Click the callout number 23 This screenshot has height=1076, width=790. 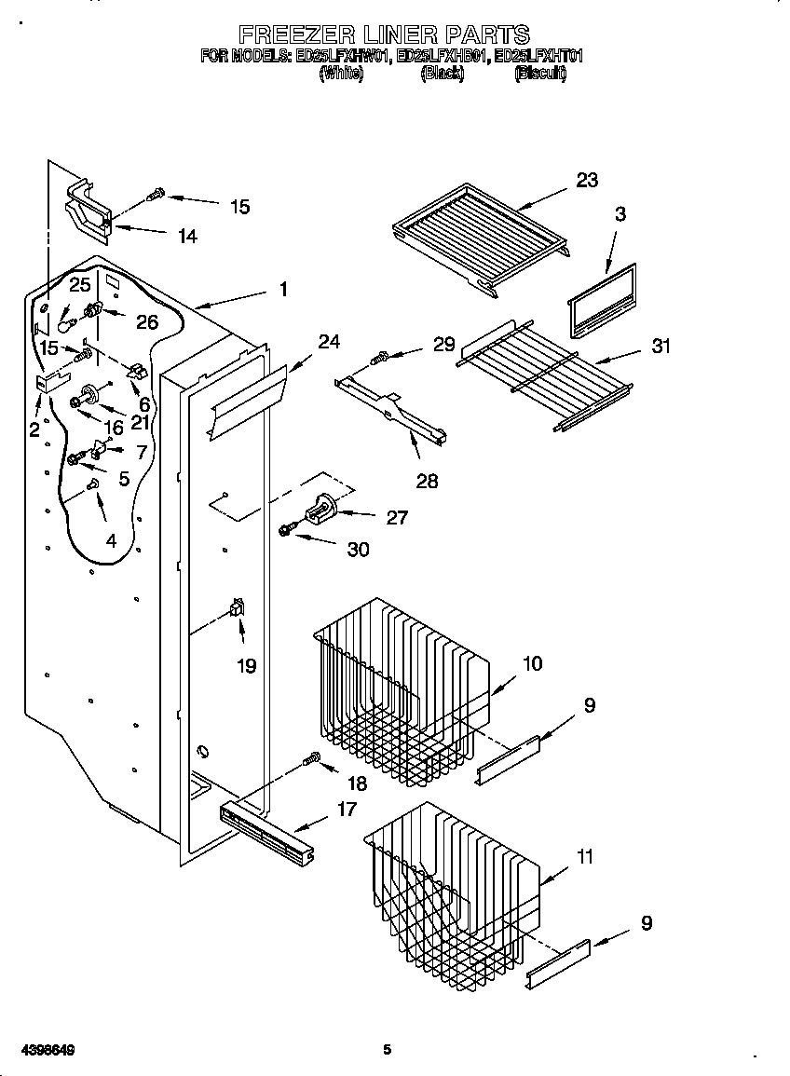coord(587,180)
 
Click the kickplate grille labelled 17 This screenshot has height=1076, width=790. coord(266,826)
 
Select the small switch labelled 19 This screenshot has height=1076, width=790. coord(238,608)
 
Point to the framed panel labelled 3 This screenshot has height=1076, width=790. coord(603,300)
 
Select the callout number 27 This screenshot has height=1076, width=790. coord(397,517)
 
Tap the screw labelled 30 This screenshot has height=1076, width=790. coord(287,530)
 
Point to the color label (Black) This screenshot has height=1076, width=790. coord(442,74)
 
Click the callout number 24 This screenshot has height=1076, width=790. coord(329,341)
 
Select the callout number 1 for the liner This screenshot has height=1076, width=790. coord(283,289)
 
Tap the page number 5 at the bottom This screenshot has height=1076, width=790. coord(387,1050)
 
